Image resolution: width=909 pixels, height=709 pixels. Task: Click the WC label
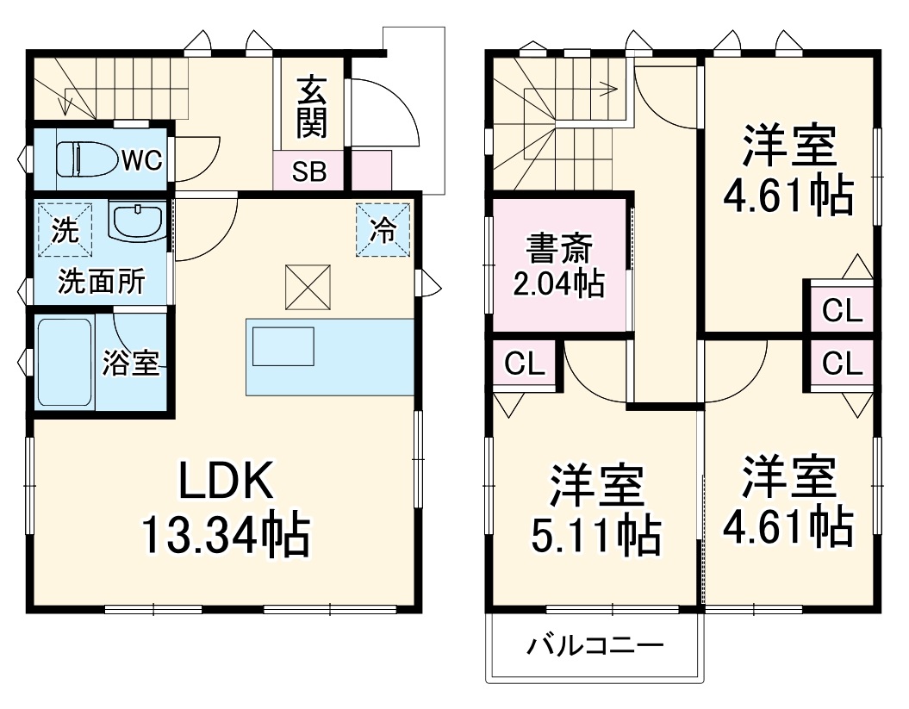[x=141, y=160]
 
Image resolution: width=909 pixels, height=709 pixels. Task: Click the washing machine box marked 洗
[x=63, y=229]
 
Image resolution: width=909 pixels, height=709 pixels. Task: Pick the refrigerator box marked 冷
[x=383, y=230]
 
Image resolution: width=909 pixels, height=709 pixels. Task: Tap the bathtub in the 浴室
[x=65, y=362]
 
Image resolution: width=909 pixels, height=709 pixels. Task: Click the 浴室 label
[x=131, y=364]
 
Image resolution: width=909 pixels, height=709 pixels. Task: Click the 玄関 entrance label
[x=311, y=107]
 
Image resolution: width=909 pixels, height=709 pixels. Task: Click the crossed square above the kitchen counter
[x=308, y=286]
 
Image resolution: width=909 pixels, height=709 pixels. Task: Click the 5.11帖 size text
[x=595, y=536]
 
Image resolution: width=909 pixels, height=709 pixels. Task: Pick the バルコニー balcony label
[x=595, y=644]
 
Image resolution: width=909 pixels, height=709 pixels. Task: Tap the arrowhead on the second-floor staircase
[x=612, y=88]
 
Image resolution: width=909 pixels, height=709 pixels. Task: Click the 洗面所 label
[x=101, y=283]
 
